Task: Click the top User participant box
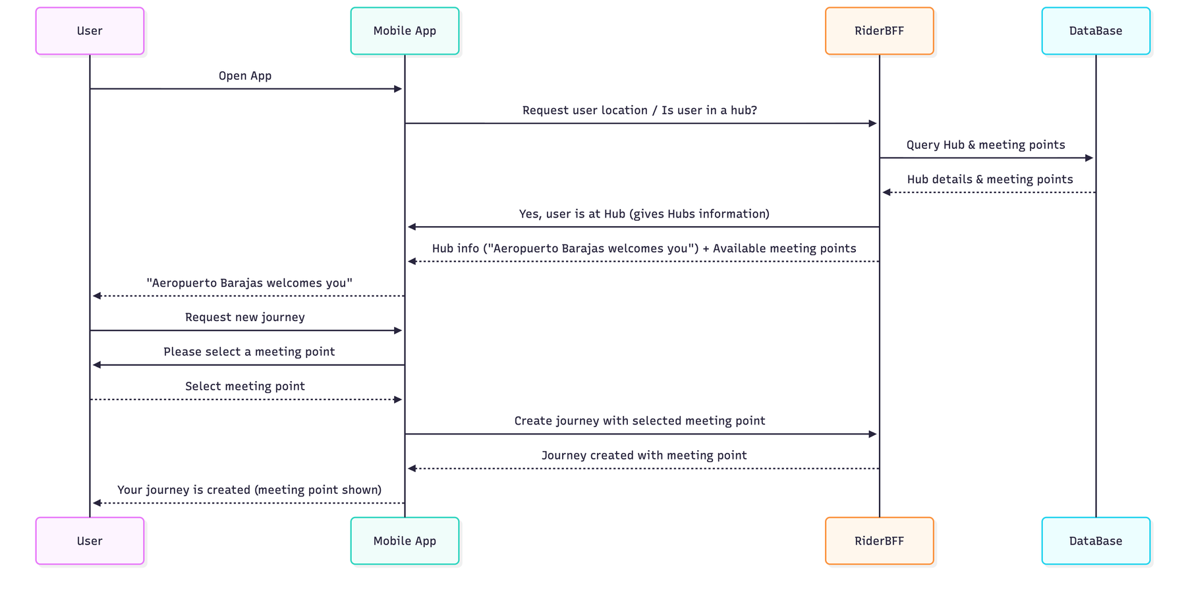90,31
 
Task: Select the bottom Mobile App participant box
405,541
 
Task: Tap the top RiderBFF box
879,31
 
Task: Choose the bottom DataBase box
1095,541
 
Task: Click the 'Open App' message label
245,76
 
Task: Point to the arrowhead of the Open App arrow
398,89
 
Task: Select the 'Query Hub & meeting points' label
985,145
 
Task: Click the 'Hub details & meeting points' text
990,179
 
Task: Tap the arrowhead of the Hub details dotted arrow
887,193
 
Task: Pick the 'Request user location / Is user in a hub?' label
639,110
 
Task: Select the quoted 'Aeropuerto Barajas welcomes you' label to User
249,283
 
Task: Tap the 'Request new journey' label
245,317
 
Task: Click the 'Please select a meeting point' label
249,352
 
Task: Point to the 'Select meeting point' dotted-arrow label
245,386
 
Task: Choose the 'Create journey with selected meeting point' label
639,421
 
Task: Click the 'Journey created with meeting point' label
644,456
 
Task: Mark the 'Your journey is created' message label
249,490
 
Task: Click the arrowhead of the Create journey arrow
873,434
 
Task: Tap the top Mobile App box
405,31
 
